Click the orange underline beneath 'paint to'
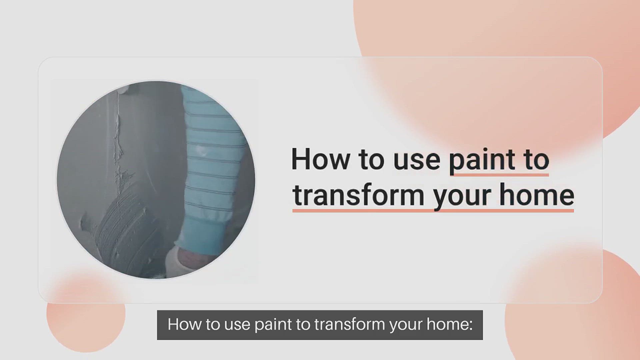[499, 174]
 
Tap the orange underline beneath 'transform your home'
[433, 210]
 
